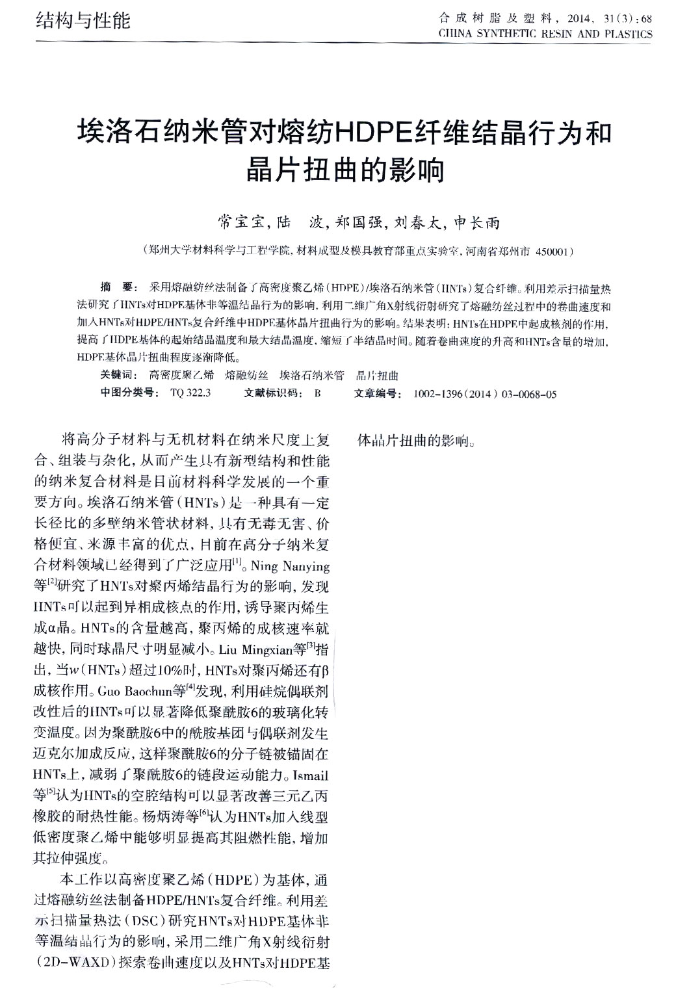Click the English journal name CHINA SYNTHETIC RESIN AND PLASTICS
[x=545, y=34]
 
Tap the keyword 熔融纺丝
[x=246, y=375]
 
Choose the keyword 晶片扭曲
[x=377, y=375]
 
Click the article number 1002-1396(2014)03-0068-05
[x=484, y=393]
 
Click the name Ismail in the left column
[x=311, y=776]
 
